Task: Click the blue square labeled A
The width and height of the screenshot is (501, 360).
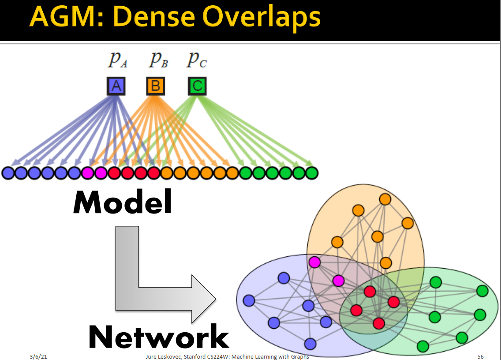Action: [x=116, y=86]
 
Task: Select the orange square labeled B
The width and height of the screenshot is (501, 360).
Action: [x=155, y=86]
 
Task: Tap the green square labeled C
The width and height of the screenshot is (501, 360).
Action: [x=197, y=86]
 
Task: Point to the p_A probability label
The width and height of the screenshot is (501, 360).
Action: [x=117, y=60]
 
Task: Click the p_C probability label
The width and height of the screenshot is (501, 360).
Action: [x=196, y=60]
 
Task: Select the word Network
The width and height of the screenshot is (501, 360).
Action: [x=159, y=337]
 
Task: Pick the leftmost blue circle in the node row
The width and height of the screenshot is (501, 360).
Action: [x=8, y=173]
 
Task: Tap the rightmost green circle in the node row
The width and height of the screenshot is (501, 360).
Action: [x=312, y=173]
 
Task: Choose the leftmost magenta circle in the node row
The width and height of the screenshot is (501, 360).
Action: [x=87, y=173]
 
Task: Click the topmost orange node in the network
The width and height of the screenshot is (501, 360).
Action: [x=385, y=199]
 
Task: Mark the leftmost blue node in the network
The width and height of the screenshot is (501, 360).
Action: [x=249, y=300]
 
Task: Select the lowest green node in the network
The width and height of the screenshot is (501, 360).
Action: [x=422, y=346]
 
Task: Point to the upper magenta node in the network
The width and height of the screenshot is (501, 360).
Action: [x=314, y=262]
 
